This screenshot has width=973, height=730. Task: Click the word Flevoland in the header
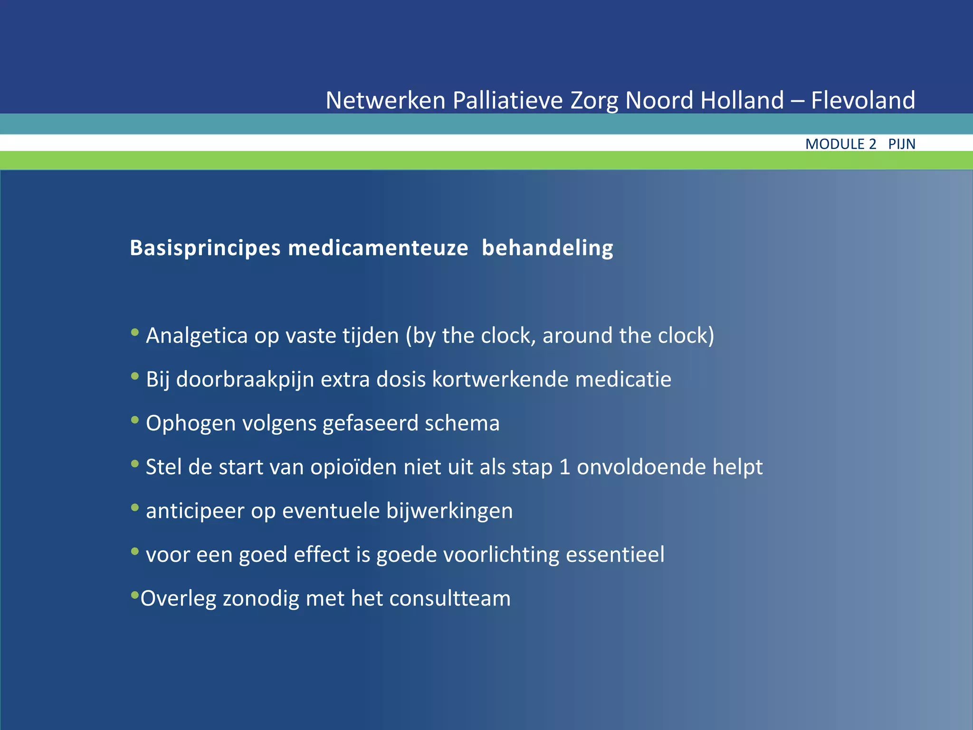pos(863,100)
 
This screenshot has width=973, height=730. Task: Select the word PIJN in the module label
pos(902,144)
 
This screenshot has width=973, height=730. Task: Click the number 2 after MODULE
pos(872,144)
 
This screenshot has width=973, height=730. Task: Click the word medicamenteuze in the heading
pos(378,248)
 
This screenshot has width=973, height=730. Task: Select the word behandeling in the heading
pos(547,248)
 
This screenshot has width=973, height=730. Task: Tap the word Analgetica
pos(197,336)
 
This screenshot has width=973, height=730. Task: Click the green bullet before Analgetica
pos(135,333)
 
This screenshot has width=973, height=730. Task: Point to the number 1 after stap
pos(564,467)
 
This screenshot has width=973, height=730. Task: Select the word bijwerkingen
pos(449,511)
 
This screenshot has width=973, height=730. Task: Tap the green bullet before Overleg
pos(135,595)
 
